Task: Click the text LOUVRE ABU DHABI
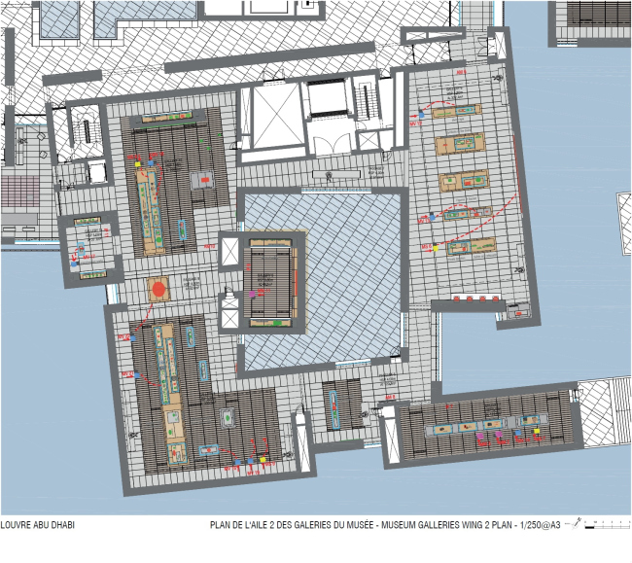[x=38, y=525]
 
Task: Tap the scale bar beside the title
[x=604, y=525]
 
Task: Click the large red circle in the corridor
[x=157, y=288]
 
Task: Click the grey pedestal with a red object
[x=205, y=179]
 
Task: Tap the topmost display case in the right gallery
[x=459, y=110]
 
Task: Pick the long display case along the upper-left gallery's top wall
[x=167, y=118]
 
